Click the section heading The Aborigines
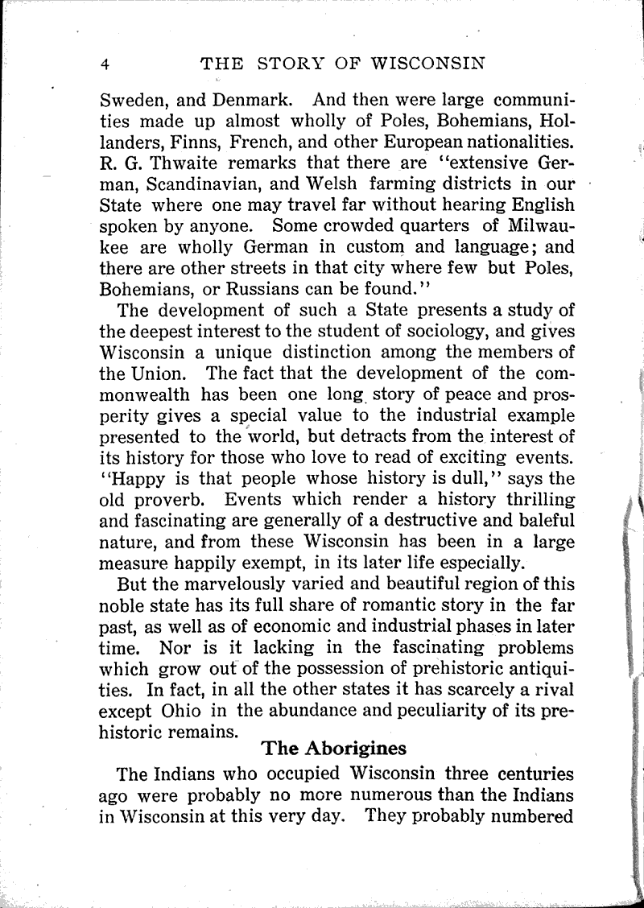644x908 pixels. (x=334, y=748)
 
